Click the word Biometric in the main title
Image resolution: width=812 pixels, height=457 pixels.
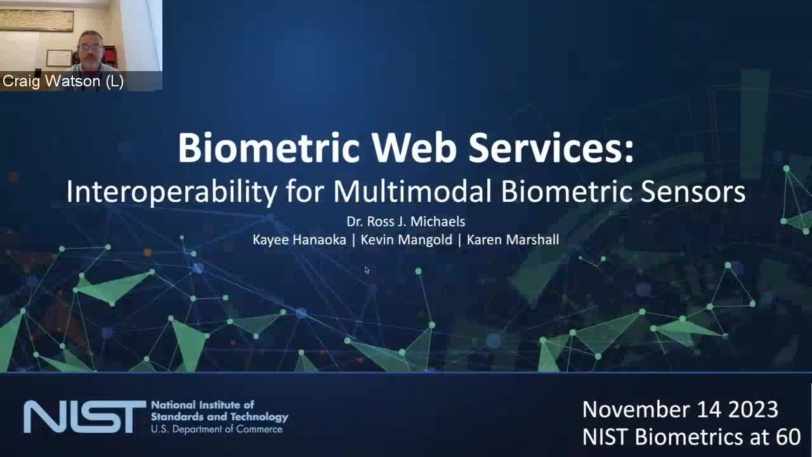(268, 148)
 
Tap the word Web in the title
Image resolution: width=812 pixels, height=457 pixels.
(414, 148)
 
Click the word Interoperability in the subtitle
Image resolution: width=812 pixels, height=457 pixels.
(172, 192)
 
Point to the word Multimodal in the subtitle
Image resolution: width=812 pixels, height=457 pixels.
(412, 191)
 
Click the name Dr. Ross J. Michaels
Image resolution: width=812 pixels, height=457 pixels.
(405, 222)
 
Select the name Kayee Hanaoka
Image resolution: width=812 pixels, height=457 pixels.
(299, 240)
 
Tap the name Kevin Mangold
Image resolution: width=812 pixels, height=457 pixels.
(407, 240)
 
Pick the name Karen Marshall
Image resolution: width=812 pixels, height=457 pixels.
(513, 240)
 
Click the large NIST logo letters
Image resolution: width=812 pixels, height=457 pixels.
(85, 417)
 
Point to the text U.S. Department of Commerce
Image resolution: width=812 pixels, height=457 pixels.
(216, 429)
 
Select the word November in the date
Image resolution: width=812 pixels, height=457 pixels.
(636, 409)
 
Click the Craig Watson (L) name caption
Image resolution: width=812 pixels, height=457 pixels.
(63, 81)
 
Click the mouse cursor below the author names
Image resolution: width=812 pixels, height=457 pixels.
(367, 270)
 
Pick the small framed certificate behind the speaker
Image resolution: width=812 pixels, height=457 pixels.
(59, 58)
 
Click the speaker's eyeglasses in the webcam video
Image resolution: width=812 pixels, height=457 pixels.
(90, 48)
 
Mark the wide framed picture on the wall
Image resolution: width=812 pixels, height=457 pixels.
(37, 21)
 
